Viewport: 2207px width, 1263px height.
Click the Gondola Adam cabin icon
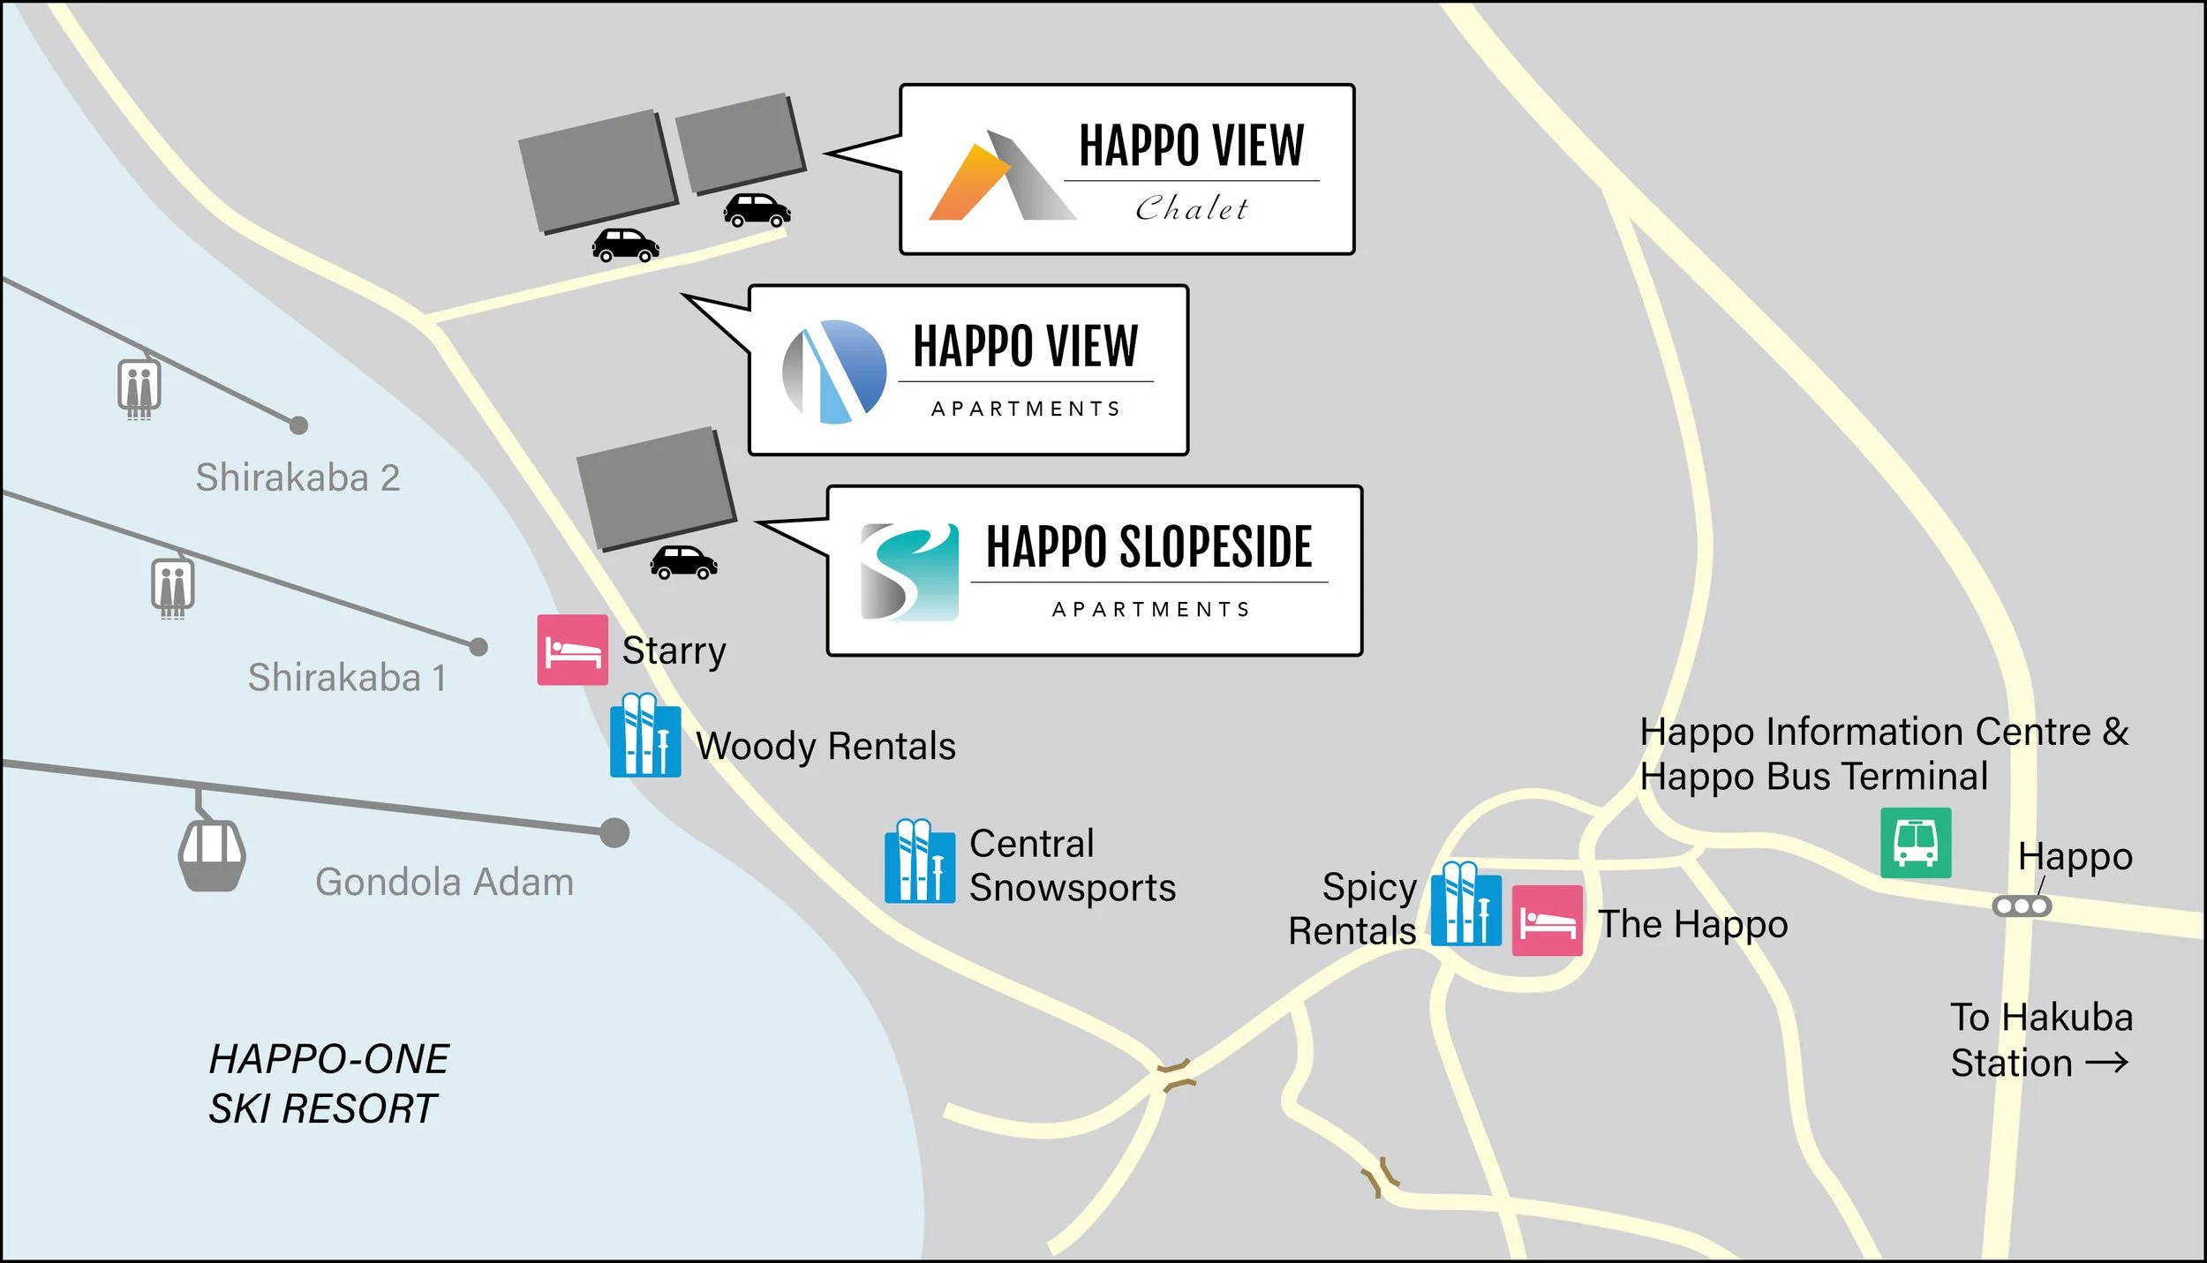(x=212, y=854)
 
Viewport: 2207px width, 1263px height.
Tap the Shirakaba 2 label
(x=298, y=477)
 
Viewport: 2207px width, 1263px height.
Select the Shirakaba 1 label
(x=347, y=678)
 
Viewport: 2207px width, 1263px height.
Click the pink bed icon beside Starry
(x=572, y=650)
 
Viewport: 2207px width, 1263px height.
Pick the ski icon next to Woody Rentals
(x=645, y=736)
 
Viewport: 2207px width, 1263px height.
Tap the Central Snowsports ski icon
(x=920, y=861)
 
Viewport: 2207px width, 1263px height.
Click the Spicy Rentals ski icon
(x=1465, y=905)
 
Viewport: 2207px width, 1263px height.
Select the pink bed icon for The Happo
(x=1547, y=921)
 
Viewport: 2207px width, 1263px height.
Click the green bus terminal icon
(x=1915, y=843)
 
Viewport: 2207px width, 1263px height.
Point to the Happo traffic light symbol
(x=2022, y=906)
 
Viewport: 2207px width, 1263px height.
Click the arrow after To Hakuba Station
(x=2106, y=1064)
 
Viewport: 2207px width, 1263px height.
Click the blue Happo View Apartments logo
(x=834, y=372)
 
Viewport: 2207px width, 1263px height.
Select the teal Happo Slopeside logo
(x=909, y=572)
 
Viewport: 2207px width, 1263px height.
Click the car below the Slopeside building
(x=684, y=562)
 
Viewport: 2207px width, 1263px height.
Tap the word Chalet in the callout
(x=1191, y=209)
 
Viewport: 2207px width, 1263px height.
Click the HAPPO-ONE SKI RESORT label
(x=328, y=1084)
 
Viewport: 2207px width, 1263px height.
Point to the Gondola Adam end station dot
(x=614, y=832)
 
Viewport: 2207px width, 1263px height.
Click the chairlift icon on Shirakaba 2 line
(x=139, y=387)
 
